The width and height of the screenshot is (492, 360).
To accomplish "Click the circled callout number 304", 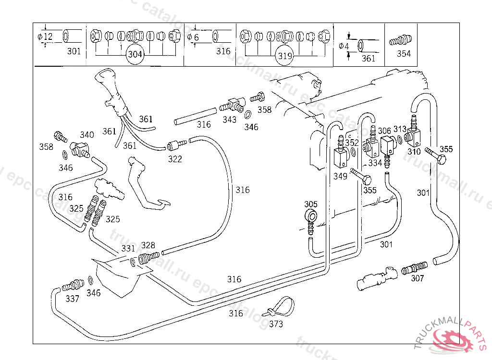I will tap(135, 55).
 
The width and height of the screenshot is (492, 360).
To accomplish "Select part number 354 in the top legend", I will tap(404, 54).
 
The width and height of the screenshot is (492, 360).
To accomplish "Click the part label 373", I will tap(276, 324).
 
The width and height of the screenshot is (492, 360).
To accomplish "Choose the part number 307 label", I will tap(418, 278).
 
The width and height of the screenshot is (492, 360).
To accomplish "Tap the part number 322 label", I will tap(175, 159).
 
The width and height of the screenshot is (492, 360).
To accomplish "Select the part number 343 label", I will tap(229, 120).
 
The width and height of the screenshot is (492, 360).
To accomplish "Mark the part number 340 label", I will tap(87, 135).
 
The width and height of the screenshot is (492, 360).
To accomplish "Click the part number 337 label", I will tap(72, 299).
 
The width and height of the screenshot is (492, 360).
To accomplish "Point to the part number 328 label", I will tap(148, 245).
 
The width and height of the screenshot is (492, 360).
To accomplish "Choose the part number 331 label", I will tap(128, 248).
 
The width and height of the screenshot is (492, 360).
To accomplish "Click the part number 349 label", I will tap(340, 177).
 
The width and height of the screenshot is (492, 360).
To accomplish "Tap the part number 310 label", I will tap(414, 152).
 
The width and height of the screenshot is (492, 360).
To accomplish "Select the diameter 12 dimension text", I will tap(45, 37).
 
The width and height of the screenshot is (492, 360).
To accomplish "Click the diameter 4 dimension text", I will tap(344, 46).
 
